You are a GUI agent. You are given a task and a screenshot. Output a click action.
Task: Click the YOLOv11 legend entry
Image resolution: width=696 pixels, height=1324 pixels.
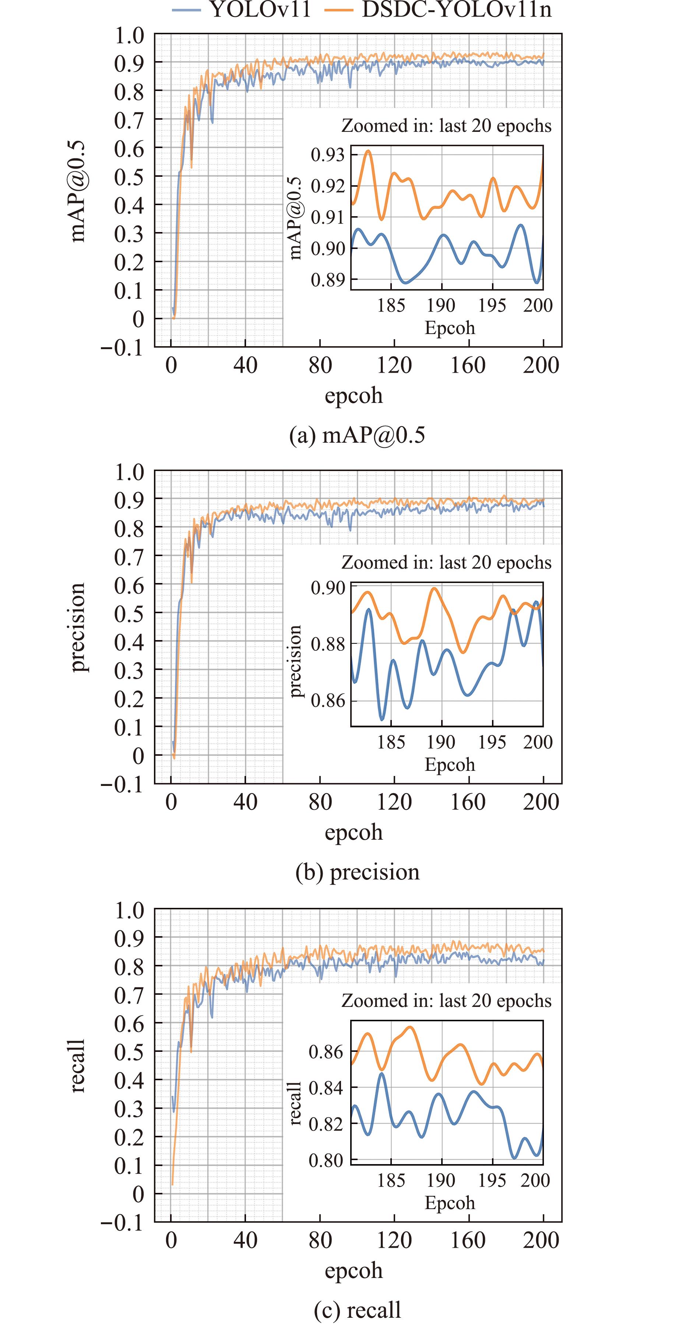pos(242,9)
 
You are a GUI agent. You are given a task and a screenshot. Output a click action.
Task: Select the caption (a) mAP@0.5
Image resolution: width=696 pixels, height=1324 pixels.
pos(357,435)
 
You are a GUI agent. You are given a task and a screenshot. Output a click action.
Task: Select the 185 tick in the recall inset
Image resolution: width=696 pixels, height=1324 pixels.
pos(391,1181)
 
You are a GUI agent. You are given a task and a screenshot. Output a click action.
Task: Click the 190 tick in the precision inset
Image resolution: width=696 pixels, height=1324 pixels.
pos(441,742)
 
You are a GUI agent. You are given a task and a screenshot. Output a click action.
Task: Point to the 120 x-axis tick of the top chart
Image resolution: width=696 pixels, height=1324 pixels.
pos(394,365)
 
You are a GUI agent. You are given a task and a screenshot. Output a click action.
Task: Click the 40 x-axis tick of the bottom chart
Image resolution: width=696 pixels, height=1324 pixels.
pos(245,1240)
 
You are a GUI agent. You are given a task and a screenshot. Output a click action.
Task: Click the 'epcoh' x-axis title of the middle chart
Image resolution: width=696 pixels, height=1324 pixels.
pos(354,833)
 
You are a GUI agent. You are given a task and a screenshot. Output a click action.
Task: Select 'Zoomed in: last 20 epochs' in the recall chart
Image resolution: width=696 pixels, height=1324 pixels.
pos(446,1001)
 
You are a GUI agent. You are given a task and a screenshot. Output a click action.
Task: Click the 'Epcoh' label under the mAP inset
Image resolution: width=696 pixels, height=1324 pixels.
pos(450,328)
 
